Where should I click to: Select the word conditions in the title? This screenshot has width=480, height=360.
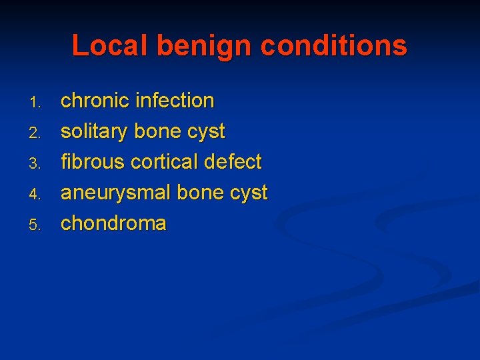click(334, 46)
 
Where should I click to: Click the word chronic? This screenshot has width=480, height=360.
click(95, 101)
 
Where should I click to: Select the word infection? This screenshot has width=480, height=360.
click(175, 101)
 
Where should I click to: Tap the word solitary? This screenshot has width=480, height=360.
click(95, 132)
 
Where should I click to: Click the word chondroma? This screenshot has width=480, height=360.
click(113, 223)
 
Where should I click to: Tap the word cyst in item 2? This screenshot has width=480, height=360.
click(207, 132)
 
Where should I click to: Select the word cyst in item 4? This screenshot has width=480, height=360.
click(249, 193)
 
